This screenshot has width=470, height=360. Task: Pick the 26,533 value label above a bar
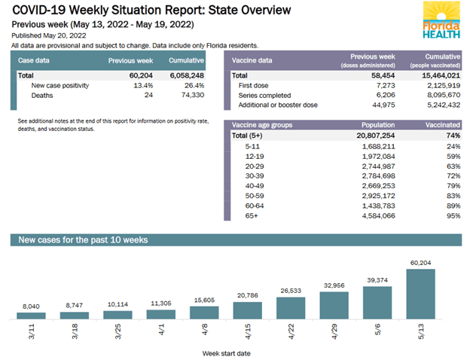(x=291, y=290)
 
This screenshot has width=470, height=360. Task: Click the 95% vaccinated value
(x=453, y=216)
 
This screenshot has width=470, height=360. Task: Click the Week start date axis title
(x=225, y=352)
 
